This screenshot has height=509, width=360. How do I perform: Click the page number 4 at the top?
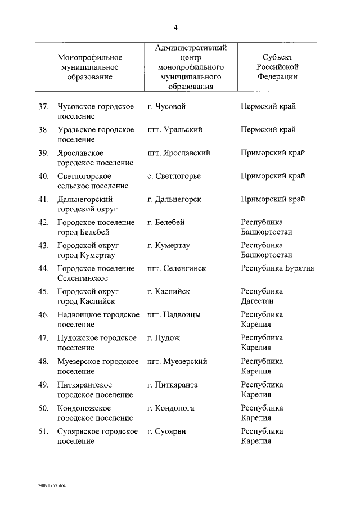coord(176,28)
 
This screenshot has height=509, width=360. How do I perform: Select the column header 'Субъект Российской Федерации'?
coord(277,67)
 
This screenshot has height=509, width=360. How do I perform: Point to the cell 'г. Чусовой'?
coord(166,107)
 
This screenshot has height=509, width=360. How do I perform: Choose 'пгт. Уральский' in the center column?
coord(175,130)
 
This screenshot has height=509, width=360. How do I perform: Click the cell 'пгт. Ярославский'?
coord(179,153)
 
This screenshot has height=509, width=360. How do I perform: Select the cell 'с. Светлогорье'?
coord(174,176)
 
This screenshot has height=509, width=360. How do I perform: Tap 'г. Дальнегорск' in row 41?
coord(174,199)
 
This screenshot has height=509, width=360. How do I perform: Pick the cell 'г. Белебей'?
coord(166,222)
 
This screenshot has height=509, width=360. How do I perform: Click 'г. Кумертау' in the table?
coord(169,245)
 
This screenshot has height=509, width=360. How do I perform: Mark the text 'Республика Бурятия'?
coord(277,268)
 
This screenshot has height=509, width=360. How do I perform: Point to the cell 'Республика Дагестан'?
coord(262,296)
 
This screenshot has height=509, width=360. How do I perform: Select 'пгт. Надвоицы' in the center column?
coord(174,314)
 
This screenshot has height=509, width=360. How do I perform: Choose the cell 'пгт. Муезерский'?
coord(177,361)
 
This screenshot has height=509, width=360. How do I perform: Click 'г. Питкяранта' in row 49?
coord(172,385)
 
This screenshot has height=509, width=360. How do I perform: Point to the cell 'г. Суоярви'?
coord(167,431)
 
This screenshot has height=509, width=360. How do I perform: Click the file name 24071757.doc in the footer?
coord(52,485)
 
